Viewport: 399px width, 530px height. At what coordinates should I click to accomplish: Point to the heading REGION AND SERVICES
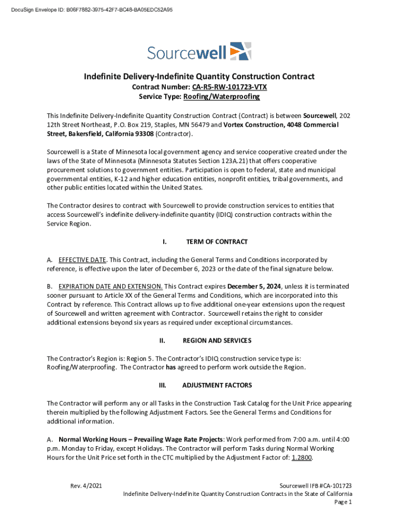coord(217,341)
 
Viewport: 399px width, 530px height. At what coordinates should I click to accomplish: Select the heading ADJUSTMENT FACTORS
coord(217,386)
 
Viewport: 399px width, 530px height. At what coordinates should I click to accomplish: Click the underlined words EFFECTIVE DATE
coord(82,260)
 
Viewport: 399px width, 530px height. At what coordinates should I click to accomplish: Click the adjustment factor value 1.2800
coord(302,458)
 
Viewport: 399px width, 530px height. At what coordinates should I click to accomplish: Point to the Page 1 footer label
coord(343,502)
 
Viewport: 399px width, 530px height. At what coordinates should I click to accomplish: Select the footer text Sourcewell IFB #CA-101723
coord(316,486)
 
